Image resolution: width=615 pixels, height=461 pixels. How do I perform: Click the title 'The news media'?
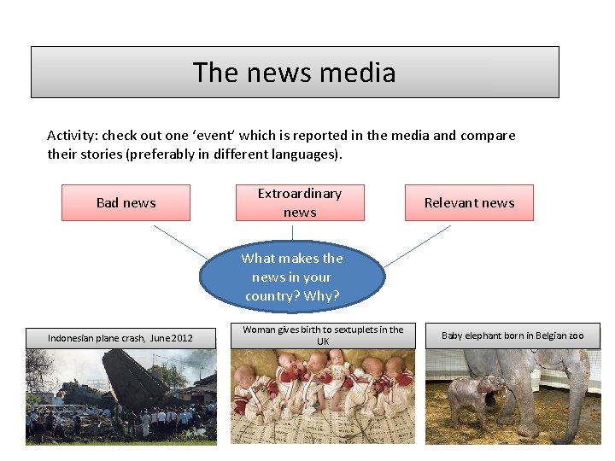pos(295,73)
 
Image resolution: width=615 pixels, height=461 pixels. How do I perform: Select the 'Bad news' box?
pos(126,203)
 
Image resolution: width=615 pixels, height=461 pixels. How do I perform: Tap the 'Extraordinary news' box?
pos(300,203)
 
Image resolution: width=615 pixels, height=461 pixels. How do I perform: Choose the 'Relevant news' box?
pos(469,203)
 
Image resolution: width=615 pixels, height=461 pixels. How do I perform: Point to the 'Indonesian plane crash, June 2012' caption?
pos(120,338)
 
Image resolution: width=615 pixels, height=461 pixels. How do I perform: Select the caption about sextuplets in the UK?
pos(323,336)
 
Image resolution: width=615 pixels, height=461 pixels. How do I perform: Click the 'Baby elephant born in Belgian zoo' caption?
pos(512,336)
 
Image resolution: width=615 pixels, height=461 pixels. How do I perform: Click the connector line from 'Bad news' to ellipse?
pos(181,241)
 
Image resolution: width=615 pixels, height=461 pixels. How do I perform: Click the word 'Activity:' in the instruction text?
pos(72,136)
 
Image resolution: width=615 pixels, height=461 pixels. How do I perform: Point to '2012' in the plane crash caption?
pos(181,338)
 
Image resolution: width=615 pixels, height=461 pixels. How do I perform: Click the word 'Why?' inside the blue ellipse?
pos(321,296)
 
